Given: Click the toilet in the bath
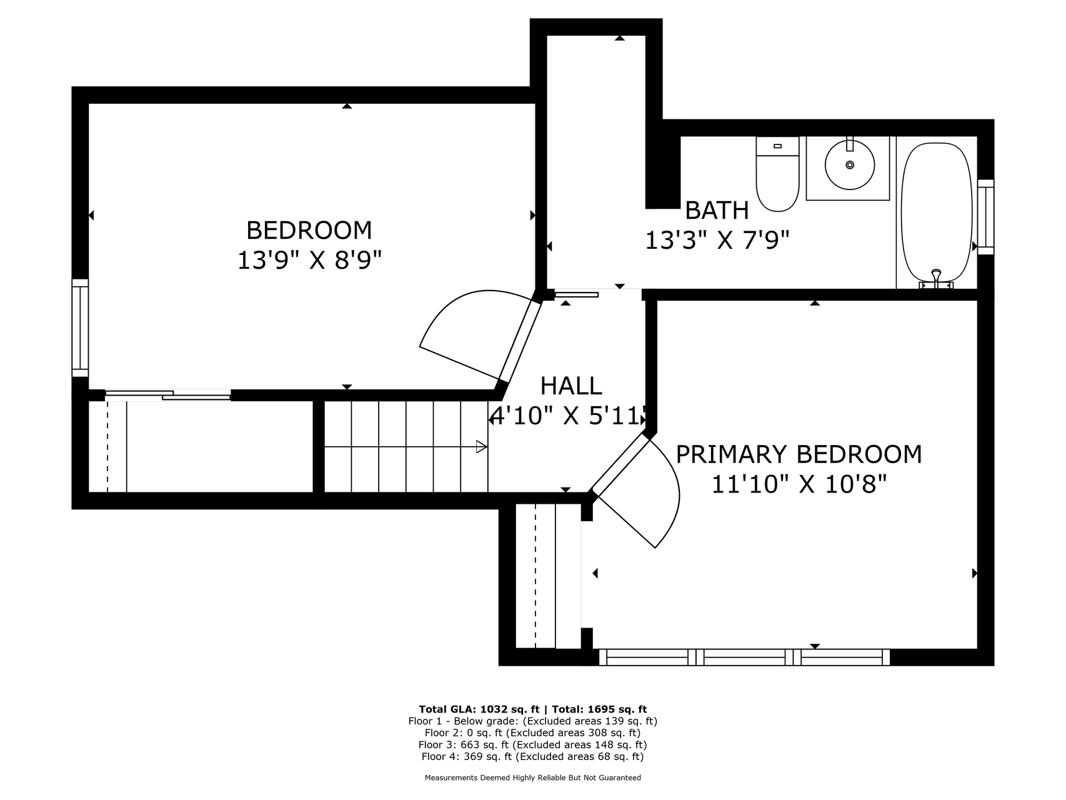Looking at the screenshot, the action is click(777, 174).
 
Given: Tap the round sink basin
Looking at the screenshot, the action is click(849, 165).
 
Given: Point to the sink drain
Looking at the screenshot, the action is click(850, 165).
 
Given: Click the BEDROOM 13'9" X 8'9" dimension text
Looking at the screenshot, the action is click(309, 260).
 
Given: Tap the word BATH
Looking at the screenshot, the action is click(717, 211).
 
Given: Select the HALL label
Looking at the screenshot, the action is click(571, 386).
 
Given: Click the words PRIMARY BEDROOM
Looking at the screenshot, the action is click(799, 454).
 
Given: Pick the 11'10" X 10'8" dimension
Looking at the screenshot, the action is click(799, 484).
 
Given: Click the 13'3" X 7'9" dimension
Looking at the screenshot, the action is click(717, 240).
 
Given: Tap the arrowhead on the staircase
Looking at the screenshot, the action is click(482, 446).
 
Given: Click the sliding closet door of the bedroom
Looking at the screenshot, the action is click(168, 394).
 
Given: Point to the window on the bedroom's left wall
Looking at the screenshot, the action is click(80, 328).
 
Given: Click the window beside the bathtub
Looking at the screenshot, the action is click(985, 217).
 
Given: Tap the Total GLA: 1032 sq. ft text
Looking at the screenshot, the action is click(479, 709).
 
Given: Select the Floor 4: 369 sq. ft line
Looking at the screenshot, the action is click(532, 756).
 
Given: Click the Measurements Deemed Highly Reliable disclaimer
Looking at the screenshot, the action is click(533, 778).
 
